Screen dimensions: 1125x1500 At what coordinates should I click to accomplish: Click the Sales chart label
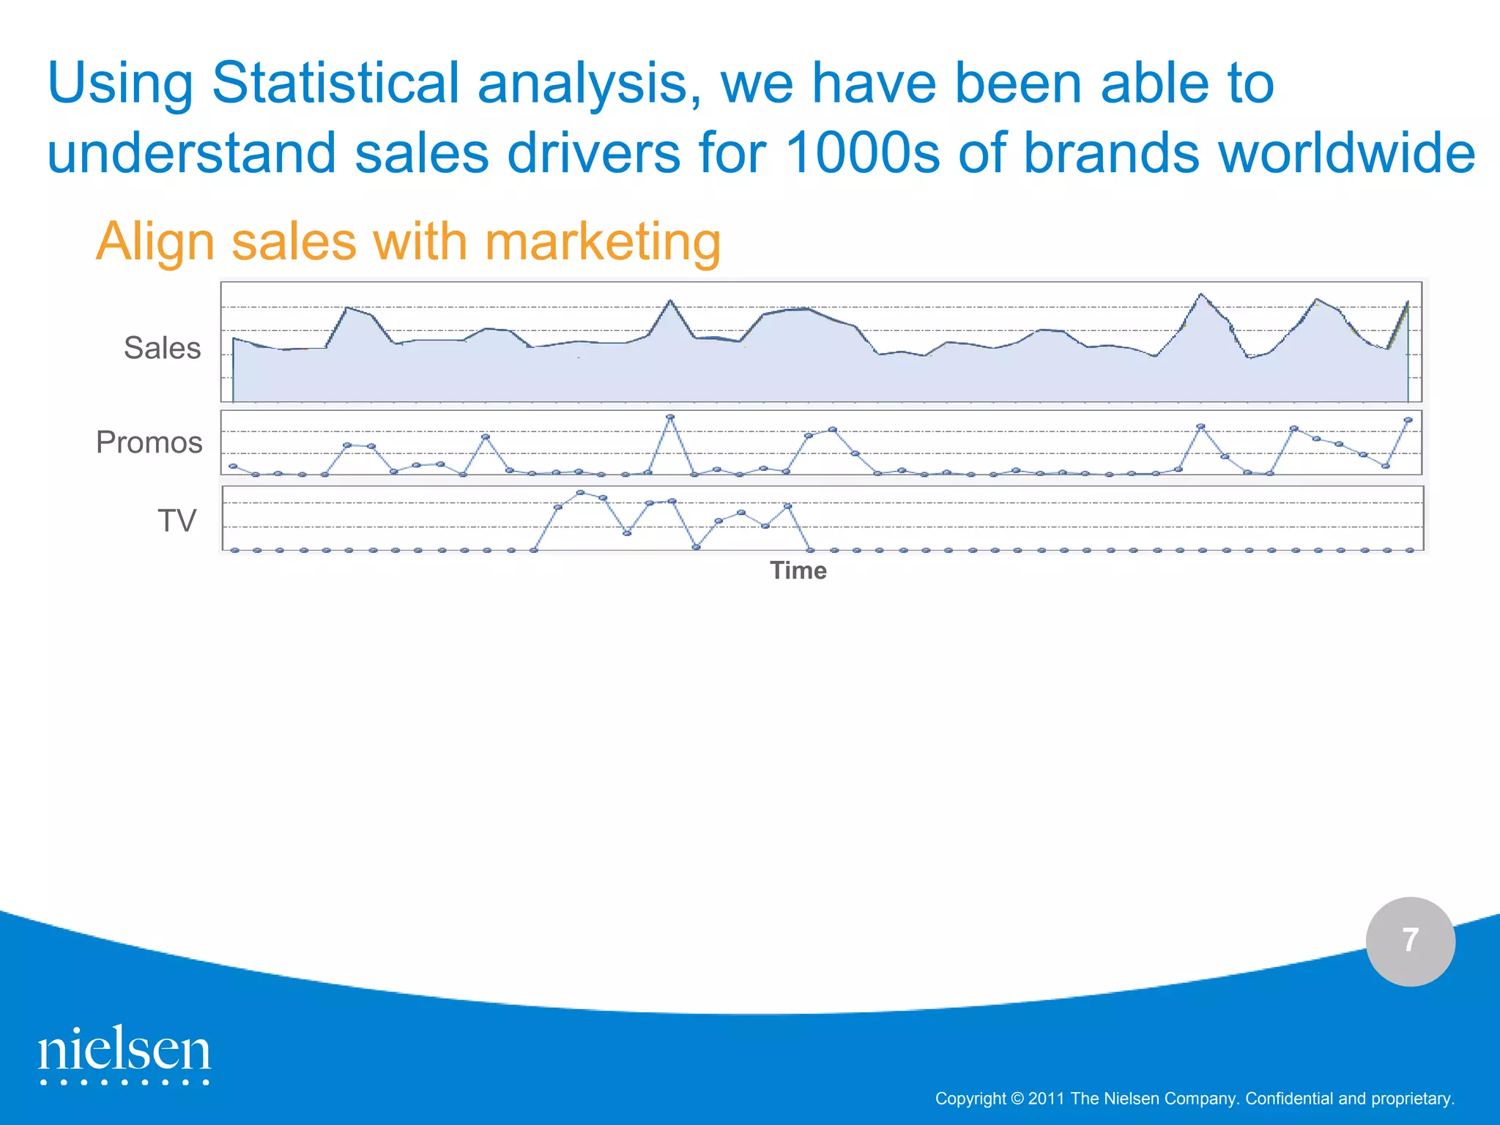(x=162, y=348)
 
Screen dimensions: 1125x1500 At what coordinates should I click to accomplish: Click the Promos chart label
(x=149, y=442)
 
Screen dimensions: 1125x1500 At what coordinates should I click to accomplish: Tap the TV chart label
(x=177, y=521)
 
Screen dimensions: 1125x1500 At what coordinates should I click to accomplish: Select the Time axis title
(x=798, y=571)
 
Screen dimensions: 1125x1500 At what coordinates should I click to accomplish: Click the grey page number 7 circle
(x=1410, y=941)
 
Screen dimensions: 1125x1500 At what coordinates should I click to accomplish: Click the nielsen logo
(x=125, y=1054)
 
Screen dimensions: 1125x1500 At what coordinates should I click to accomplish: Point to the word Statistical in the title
(x=335, y=83)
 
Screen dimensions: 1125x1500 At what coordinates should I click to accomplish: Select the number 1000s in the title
(x=862, y=153)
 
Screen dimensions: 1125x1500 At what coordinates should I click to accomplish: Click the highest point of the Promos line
(x=670, y=417)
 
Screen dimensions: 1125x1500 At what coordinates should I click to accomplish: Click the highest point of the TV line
(x=581, y=493)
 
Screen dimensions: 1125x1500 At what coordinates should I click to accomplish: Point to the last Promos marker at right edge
(x=1408, y=420)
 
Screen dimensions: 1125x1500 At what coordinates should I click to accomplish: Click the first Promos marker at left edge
(x=233, y=466)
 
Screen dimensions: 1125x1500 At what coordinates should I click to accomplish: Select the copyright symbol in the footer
(x=1017, y=1099)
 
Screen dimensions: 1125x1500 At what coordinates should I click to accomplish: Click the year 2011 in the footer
(x=1047, y=1099)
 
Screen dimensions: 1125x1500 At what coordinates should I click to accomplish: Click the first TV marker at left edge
(x=234, y=550)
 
